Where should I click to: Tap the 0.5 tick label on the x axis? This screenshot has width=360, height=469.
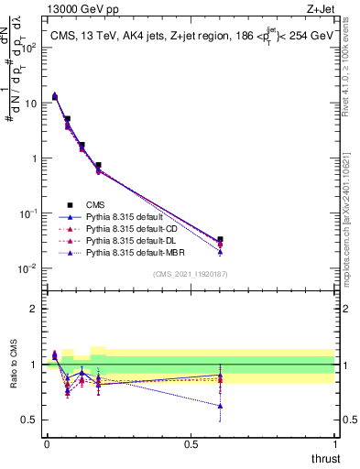[191, 444]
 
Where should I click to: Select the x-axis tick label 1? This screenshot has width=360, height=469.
[335, 444]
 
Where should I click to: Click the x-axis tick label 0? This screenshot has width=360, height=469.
[47, 444]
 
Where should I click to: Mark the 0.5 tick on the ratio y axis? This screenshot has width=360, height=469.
[30, 420]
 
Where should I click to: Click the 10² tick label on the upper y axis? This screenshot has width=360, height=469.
[28, 48]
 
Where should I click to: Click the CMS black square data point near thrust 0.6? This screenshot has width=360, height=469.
[220, 240]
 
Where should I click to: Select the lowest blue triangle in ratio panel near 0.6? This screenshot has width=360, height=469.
[220, 406]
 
